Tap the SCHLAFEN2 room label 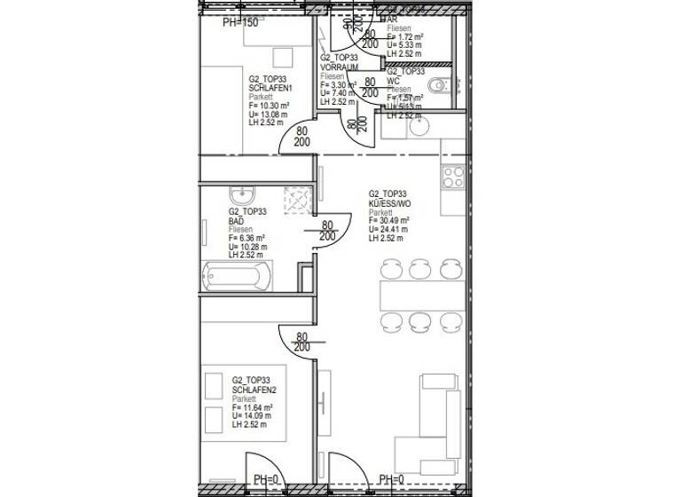click(x=254, y=388)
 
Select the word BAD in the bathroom click(x=236, y=220)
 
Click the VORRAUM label click(x=338, y=67)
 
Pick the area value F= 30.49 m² click(x=389, y=222)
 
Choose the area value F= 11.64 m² click(x=253, y=407)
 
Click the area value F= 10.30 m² click(x=270, y=106)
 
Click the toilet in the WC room click(x=439, y=85)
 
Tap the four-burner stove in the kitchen click(x=452, y=176)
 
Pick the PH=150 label click(x=240, y=22)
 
